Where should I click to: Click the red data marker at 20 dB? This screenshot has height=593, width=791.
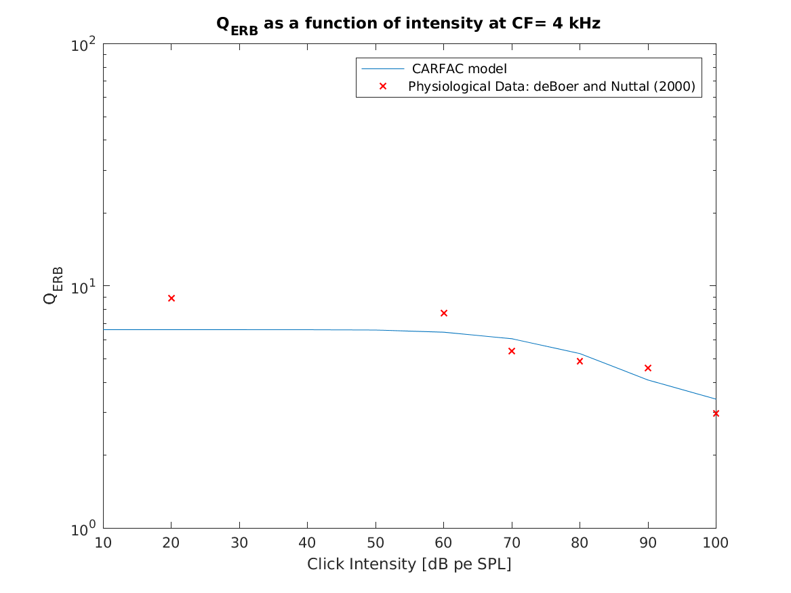click(x=171, y=298)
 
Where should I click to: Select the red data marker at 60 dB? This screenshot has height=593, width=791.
click(x=444, y=313)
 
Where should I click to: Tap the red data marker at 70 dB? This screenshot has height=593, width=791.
click(x=512, y=351)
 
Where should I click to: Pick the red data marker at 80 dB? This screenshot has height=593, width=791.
click(x=580, y=361)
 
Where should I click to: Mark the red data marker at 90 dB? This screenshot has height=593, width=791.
click(x=648, y=368)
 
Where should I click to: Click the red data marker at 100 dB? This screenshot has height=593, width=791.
click(x=715, y=413)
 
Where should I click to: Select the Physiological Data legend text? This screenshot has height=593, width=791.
click(x=551, y=87)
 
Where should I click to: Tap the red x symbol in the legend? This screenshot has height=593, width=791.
click(x=383, y=87)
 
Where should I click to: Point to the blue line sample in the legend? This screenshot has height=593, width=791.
click(x=383, y=68)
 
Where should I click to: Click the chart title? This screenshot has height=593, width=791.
click(x=408, y=24)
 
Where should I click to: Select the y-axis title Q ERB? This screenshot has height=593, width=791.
click(x=53, y=285)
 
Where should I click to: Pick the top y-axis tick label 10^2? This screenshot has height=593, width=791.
click(x=85, y=46)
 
